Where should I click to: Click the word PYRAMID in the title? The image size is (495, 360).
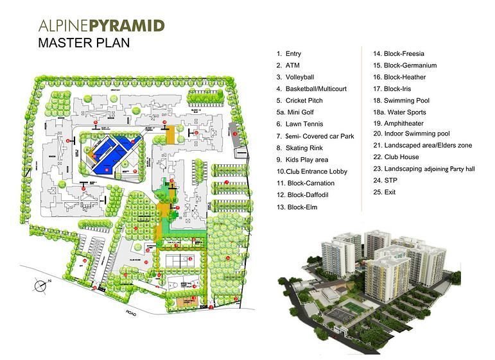pos(128,26)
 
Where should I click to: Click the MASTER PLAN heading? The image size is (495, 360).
pos(84,44)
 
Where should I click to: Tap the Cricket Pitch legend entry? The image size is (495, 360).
pos(303,101)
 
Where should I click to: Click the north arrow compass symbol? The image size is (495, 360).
pos(40,283)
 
